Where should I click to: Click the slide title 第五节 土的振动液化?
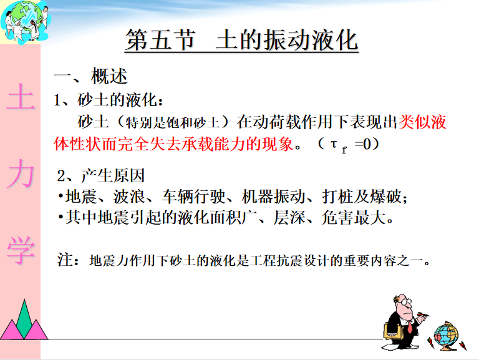pos(241,41)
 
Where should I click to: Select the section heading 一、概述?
pos(90,76)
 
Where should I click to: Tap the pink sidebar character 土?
pos(21,97)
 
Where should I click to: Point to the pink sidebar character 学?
pos(21,250)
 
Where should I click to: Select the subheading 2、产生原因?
pos(101,176)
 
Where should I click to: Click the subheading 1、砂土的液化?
pos(108,100)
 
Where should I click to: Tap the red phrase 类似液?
pos(422,122)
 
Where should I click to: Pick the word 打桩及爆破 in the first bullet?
pos(362,197)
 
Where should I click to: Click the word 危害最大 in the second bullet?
pos(354,218)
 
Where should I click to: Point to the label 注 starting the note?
pos(65,260)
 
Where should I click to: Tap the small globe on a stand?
pos(447,336)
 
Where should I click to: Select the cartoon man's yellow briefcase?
pos(393,331)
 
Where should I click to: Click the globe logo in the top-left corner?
pos(25,21)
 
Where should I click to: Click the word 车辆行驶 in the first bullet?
pos(193,197)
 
